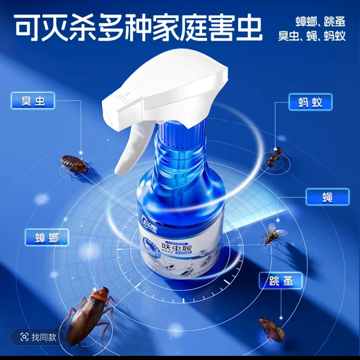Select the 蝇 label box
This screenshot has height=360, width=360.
[x=327, y=197]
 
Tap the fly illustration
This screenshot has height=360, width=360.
[x=274, y=234]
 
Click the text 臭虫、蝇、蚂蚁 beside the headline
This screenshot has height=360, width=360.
[x=312, y=36]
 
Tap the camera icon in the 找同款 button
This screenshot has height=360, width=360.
[x=24, y=337]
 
